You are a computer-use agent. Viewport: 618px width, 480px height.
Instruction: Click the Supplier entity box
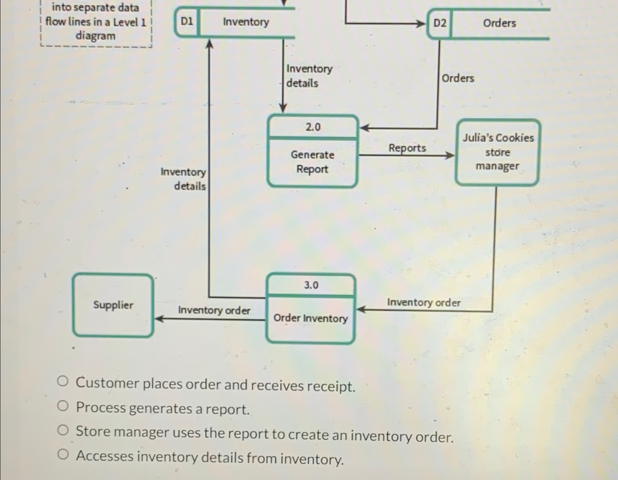(x=113, y=305)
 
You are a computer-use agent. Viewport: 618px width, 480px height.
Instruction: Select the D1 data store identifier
(x=187, y=22)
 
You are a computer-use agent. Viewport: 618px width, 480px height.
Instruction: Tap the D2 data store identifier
(x=440, y=23)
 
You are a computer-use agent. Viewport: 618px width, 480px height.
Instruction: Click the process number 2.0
(x=313, y=127)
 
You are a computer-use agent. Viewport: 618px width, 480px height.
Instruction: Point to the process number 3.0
(x=311, y=285)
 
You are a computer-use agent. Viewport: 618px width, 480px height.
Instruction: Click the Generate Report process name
(x=312, y=162)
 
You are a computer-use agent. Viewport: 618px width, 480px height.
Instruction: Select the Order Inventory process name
(x=310, y=318)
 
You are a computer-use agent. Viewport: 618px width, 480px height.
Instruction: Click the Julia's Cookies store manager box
(x=497, y=152)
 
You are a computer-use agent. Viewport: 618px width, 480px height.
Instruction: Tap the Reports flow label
(x=407, y=148)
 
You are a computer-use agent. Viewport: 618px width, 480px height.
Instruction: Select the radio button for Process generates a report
(x=63, y=406)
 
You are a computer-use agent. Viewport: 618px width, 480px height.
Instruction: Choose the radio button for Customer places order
(x=63, y=382)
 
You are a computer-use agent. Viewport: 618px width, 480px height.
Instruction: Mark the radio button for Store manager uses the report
(x=63, y=430)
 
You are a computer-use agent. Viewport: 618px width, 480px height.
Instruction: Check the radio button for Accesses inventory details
(x=63, y=454)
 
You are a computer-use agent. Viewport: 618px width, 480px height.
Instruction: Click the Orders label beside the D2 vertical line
(x=458, y=78)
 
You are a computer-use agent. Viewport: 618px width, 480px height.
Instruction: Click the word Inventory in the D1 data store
(x=246, y=22)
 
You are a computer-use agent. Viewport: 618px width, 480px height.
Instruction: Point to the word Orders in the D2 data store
(x=499, y=23)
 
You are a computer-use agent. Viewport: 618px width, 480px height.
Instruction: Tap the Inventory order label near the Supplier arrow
(x=214, y=310)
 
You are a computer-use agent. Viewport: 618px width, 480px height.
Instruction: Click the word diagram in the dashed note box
(x=95, y=36)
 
